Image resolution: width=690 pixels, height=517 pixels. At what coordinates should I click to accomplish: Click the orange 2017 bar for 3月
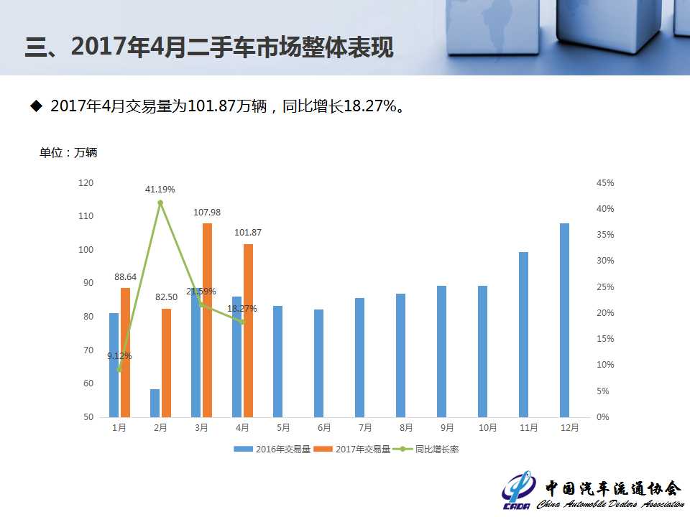click(207, 320)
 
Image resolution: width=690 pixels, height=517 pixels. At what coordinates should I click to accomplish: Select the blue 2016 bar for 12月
click(564, 320)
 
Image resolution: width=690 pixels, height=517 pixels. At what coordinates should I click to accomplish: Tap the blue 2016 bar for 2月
click(155, 403)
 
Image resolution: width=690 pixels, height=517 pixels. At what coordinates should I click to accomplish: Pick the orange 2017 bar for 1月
click(125, 352)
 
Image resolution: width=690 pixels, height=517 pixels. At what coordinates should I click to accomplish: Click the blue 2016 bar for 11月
click(523, 334)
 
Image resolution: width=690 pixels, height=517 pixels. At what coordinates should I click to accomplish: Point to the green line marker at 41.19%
click(160, 202)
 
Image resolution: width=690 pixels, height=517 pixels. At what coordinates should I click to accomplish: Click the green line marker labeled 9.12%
click(119, 370)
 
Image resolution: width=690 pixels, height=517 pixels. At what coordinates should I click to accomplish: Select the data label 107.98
click(207, 212)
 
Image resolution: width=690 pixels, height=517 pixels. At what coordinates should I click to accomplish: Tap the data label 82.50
click(166, 297)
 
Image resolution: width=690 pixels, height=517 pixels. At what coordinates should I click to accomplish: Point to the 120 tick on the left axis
click(86, 183)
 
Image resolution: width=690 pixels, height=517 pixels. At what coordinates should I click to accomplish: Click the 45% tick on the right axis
click(605, 183)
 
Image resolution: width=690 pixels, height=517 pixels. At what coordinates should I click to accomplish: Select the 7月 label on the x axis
click(364, 427)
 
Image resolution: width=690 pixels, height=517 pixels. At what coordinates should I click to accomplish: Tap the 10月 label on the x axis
click(487, 427)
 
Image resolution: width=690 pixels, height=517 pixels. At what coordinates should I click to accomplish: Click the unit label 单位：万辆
click(68, 152)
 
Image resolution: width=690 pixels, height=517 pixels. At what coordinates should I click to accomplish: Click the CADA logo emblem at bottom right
click(519, 490)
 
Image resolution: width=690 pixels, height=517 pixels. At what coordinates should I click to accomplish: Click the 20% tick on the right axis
click(605, 313)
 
